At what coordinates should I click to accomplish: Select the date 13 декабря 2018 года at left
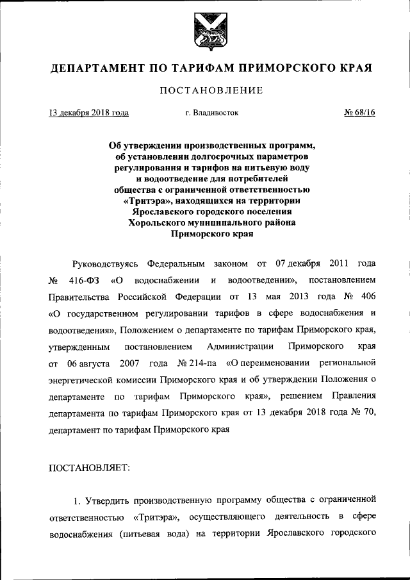(89, 113)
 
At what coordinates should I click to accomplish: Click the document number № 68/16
(359, 113)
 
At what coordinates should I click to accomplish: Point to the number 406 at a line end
(365, 297)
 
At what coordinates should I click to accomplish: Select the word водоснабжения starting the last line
(78, 532)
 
